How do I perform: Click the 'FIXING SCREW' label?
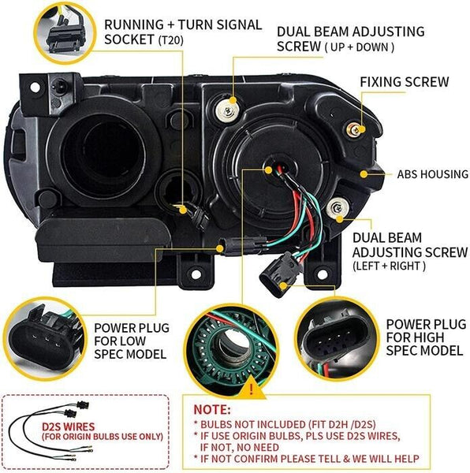coord(404,82)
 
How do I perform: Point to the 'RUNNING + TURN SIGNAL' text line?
coord(183,24)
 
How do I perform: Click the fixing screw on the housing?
coord(357,128)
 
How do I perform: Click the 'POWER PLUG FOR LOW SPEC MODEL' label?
coord(129,340)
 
